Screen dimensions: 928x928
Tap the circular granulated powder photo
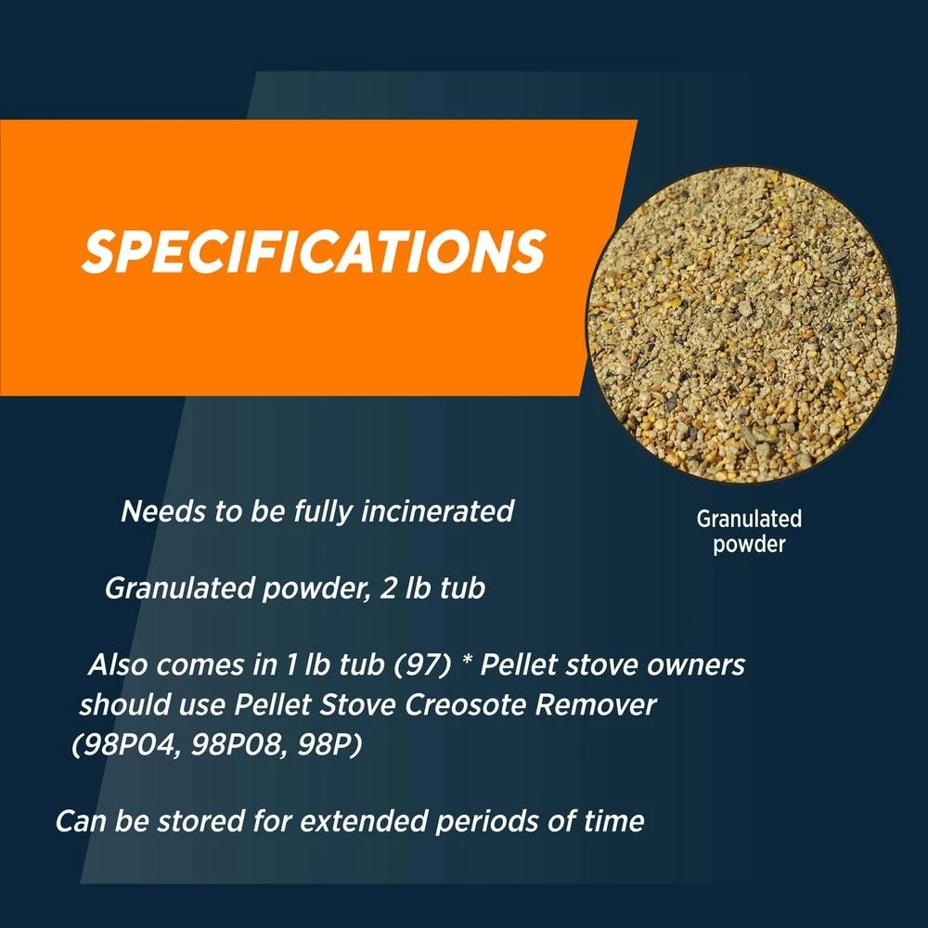741,324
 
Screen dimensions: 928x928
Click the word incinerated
437,510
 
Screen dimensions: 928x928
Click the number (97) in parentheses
422,664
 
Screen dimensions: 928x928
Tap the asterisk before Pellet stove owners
467,661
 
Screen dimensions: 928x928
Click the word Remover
596,704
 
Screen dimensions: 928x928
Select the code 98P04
126,744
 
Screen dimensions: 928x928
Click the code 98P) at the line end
329,744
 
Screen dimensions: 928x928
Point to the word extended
364,821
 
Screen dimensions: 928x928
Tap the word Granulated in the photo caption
749,519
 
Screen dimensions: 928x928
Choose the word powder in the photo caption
749,544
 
